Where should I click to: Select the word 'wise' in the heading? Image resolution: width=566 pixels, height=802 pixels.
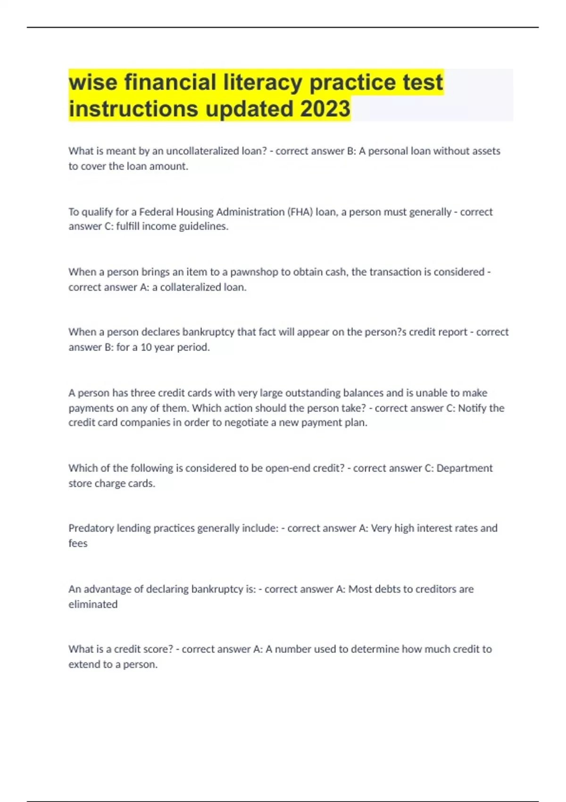[x=93, y=82]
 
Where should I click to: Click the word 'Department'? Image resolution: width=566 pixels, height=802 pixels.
[x=464, y=468]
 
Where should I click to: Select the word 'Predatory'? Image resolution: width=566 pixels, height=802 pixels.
[x=91, y=528]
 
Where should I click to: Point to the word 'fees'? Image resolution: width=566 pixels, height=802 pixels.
[x=78, y=543]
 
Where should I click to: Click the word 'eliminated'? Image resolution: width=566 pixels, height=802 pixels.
[x=93, y=604]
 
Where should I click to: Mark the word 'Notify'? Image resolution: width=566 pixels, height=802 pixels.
[x=473, y=408]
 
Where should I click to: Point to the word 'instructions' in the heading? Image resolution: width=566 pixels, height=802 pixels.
[x=133, y=109]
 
